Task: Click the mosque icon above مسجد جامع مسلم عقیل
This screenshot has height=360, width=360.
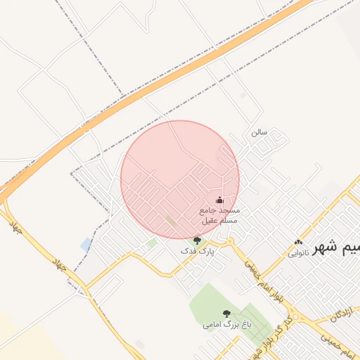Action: pos(219,200)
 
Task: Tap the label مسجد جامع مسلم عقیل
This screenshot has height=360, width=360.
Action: pos(219,215)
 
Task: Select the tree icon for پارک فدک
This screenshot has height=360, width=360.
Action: pos(196,240)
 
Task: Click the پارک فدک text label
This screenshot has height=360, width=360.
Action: pos(195,250)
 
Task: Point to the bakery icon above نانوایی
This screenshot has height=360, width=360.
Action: pos(298,243)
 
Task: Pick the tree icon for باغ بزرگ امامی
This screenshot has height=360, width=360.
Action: pos(226,314)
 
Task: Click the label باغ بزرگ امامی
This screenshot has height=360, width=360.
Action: pos(226,325)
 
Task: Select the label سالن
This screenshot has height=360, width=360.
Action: pos(259,131)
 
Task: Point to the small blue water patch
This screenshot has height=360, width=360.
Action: pos(86,245)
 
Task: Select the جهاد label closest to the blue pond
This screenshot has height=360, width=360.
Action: pos(61,266)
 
